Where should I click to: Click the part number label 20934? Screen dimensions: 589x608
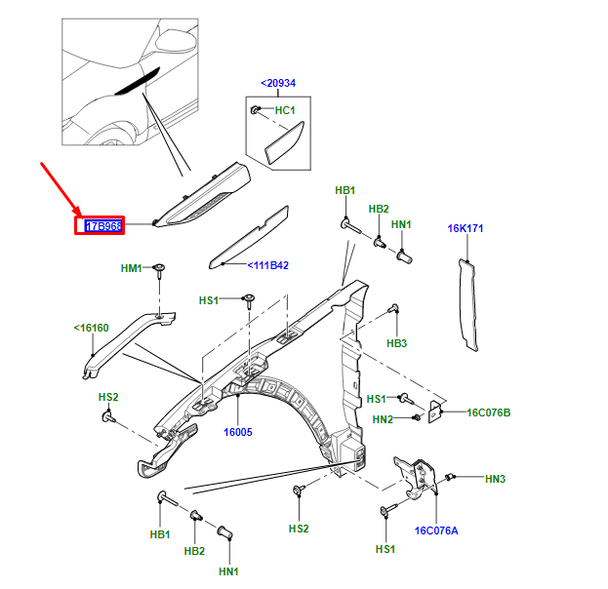point(278,84)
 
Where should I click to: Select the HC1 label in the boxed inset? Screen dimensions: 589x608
point(285,110)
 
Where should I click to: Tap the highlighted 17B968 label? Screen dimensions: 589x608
point(102,226)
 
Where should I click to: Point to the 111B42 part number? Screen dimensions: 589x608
point(266,265)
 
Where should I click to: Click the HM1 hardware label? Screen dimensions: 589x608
point(131,267)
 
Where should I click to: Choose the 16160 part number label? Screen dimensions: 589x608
point(92,329)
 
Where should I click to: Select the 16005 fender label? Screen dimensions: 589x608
point(237,431)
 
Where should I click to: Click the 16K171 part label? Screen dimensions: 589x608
point(466,229)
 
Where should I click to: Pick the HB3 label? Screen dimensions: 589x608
point(396,343)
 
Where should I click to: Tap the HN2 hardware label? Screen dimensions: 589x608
point(382,419)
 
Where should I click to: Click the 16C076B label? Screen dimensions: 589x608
point(488,412)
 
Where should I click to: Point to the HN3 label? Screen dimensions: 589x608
point(495,479)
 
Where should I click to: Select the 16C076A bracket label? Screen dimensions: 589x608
point(436,530)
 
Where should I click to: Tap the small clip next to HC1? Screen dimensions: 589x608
point(256,109)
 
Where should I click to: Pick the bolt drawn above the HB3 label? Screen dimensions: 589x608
point(394,313)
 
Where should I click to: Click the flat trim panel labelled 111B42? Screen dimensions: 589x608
point(251,235)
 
